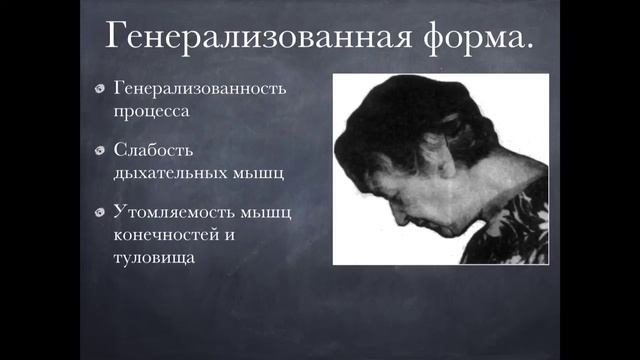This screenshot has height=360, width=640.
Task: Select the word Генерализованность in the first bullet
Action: (200, 87)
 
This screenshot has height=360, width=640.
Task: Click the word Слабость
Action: (154, 149)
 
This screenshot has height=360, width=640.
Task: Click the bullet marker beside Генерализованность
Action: (100, 88)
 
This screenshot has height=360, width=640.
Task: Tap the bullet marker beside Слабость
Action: (100, 150)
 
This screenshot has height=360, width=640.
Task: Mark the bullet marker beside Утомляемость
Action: (100, 213)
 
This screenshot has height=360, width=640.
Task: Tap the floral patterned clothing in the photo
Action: (515, 230)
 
